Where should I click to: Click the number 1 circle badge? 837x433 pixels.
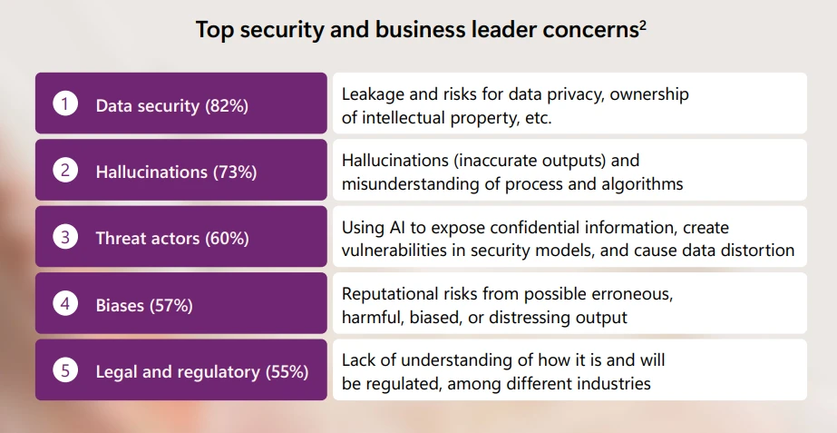point(65,104)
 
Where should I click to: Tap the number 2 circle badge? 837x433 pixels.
point(65,171)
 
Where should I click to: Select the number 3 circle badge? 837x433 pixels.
point(65,238)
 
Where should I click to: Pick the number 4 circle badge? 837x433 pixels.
point(65,304)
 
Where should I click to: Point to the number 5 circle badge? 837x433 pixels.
point(65,370)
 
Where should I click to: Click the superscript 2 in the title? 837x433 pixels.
point(642,25)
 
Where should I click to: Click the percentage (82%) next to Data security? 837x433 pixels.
point(226,105)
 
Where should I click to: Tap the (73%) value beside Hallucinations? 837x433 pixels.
point(235,172)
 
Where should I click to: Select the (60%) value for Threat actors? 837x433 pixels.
point(226,239)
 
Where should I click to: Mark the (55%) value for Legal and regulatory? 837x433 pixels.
point(287,372)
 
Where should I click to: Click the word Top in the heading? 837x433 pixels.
point(211,30)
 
